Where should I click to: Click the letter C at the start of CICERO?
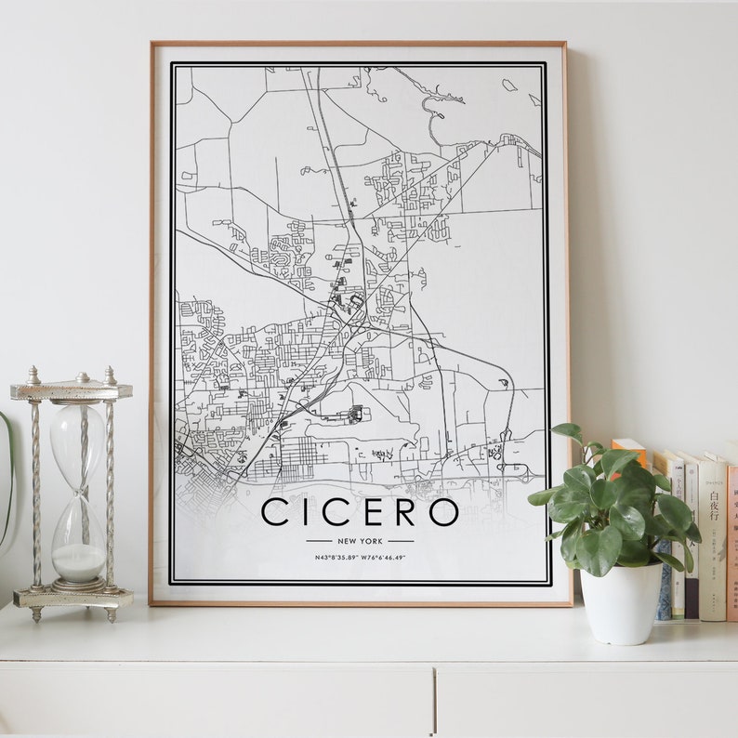275,512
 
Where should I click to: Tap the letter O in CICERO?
443,512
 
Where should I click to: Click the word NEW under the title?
348,540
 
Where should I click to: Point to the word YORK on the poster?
372,540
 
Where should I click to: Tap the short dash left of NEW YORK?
318,540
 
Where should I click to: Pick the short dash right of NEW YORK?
402,540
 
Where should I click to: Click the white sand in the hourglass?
78,561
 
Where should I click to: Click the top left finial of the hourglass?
34,375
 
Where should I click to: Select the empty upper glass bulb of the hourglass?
77,441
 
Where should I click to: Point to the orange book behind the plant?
628,451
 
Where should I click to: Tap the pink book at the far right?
732,539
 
